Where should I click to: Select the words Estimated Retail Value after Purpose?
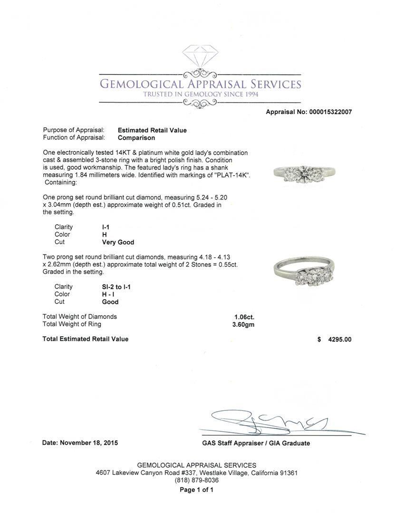click(152, 130)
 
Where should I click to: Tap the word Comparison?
click(136, 138)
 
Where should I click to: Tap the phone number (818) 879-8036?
click(197, 481)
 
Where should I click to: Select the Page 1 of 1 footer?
click(196, 490)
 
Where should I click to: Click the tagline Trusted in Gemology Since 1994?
click(200, 95)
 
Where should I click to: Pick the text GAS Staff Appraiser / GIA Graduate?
click(256, 443)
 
